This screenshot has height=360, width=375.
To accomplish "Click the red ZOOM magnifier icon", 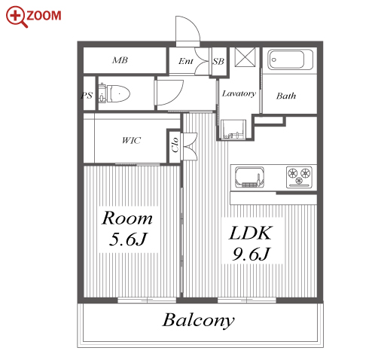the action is coord(16,16).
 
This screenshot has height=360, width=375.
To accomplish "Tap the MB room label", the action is coord(120,60).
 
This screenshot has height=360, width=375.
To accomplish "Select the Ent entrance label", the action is coord(186,61).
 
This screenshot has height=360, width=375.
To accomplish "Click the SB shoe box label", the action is coord(218,61).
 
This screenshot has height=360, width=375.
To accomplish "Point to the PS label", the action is coord(87,96).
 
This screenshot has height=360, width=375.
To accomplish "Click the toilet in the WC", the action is coord(114,93).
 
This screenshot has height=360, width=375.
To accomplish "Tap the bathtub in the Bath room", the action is coord(290,59).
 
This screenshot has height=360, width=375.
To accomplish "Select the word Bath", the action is coord(286,96).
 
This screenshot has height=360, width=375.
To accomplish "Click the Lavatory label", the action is coord(239,93).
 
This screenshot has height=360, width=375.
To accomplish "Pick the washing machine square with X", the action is coord(245,57).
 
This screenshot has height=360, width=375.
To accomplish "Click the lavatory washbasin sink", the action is coord(233,129).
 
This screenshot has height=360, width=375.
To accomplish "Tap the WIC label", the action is coord(131,140).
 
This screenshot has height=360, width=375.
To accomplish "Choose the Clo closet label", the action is coord(175,145).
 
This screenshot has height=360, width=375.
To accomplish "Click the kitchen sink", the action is coord(249,177).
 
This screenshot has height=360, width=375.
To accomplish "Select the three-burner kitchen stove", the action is coord(299,177).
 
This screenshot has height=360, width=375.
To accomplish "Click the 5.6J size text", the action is coord(128,239).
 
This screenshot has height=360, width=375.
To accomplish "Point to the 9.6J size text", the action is coord(251,254).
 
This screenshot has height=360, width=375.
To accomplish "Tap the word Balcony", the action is coord(198,321).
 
